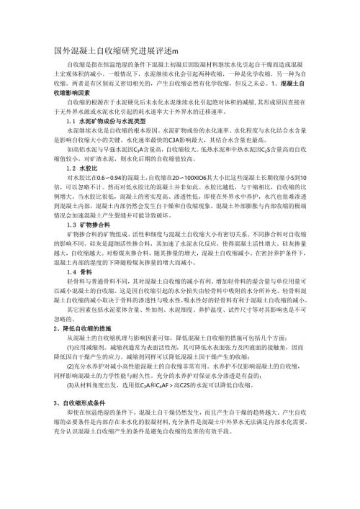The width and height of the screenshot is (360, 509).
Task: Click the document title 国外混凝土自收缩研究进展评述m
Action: tap(115, 49)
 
